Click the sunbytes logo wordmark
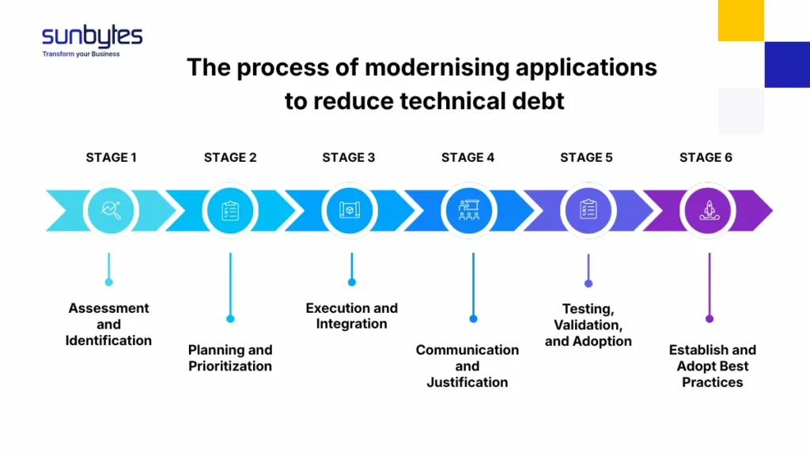click(92, 36)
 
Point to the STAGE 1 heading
click(111, 157)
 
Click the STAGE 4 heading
click(467, 157)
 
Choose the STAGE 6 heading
click(706, 157)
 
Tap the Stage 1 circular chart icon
click(111, 210)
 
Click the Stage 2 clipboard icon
click(230, 210)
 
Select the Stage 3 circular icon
click(350, 210)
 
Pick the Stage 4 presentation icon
click(469, 210)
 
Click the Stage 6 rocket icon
click(708, 210)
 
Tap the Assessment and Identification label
click(108, 324)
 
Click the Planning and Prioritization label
click(230, 358)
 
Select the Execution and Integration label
click(351, 316)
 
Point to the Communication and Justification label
click(467, 366)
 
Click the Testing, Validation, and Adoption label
click(588, 325)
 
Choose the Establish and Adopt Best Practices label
click(712, 366)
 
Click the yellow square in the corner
click(740, 20)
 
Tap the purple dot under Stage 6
click(710, 319)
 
